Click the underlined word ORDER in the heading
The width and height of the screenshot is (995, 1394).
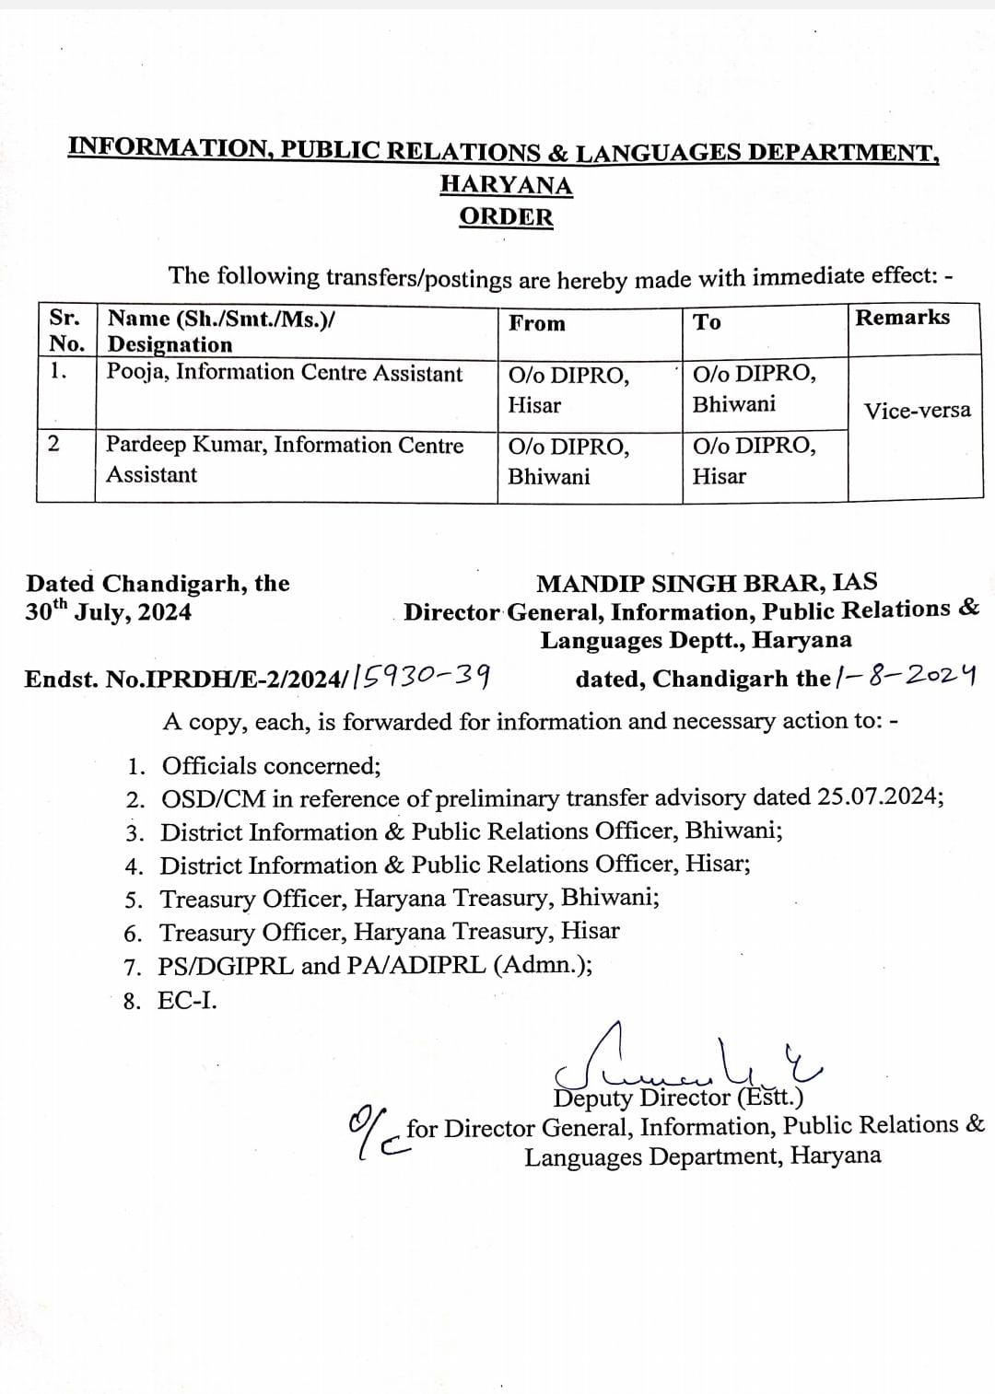[506, 217]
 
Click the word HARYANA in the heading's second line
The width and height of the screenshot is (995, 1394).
[506, 184]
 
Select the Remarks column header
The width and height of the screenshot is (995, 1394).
[902, 318]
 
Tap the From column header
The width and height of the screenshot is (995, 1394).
[537, 323]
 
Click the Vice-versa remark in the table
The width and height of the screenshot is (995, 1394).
[917, 411]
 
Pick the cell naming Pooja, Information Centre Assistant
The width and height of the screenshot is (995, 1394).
[285, 373]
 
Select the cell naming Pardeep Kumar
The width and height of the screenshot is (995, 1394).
[284, 459]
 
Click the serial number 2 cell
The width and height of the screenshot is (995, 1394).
[53, 444]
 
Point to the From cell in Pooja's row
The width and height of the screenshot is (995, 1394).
[568, 389]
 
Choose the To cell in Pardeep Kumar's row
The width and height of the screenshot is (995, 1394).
[754, 460]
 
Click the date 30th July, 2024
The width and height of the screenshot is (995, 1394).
[109, 610]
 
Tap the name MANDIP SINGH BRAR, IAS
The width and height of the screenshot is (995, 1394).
[707, 583]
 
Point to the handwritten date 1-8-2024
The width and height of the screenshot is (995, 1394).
[905, 677]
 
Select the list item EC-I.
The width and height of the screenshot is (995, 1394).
[188, 1001]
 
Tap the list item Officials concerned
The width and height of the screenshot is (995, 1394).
[271, 766]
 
